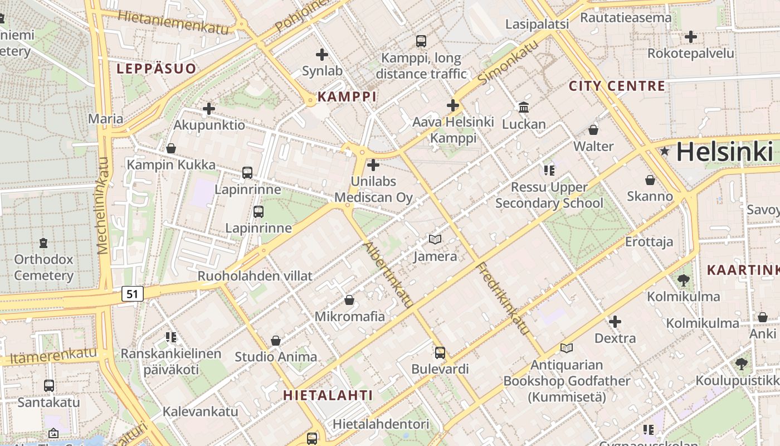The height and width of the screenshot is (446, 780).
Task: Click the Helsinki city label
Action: pyautogui.click(x=724, y=152)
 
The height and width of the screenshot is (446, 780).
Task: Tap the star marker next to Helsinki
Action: pyautogui.click(x=664, y=151)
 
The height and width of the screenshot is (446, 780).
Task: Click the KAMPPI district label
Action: pyautogui.click(x=347, y=96)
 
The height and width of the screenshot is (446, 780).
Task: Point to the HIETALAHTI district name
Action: pyautogui.click(x=328, y=395)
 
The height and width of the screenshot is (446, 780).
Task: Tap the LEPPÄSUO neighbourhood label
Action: pyautogui.click(x=156, y=69)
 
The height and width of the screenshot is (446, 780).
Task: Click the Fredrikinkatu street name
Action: pyautogui.click(x=502, y=298)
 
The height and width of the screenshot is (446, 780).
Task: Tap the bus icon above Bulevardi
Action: pyautogui.click(x=440, y=352)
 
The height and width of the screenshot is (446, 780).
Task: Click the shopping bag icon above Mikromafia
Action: pyautogui.click(x=349, y=300)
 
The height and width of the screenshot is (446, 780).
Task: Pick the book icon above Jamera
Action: pyautogui.click(x=435, y=239)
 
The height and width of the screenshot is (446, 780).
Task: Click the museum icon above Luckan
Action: pyautogui.click(x=524, y=107)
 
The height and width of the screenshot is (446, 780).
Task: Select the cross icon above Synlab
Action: pyautogui.click(x=321, y=55)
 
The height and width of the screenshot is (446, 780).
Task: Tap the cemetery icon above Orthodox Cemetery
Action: pyautogui.click(x=43, y=243)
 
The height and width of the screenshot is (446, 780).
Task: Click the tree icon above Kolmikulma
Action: pyautogui.click(x=684, y=280)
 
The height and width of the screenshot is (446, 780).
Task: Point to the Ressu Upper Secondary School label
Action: pyautogui.click(x=549, y=195)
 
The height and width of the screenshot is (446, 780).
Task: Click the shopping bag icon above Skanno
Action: pyautogui.click(x=650, y=180)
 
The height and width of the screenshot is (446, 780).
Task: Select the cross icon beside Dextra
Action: pyautogui.click(x=615, y=322)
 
